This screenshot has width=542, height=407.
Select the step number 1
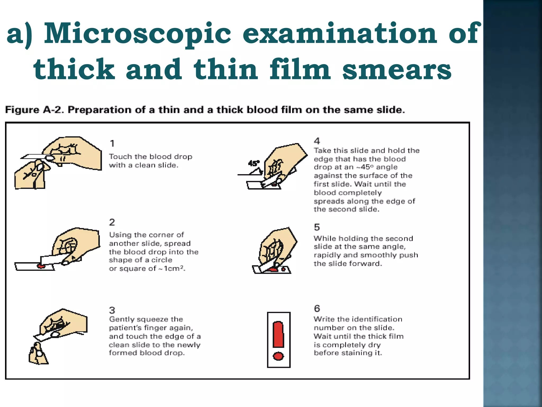pyautogui.click(x=112, y=143)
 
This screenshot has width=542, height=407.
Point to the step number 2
pyautogui.click(x=112, y=222)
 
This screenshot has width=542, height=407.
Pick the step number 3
pyautogui.click(x=112, y=310)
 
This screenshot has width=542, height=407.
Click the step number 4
pyautogui.click(x=317, y=141)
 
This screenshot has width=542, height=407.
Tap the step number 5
pyautogui.click(x=317, y=227)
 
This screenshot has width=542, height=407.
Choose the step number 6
pyautogui.click(x=317, y=308)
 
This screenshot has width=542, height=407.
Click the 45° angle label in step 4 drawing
pyautogui.click(x=254, y=163)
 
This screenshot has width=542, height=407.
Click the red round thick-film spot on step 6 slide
pyautogui.click(x=278, y=356)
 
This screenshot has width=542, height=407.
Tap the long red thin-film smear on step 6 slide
pyautogui.click(x=278, y=334)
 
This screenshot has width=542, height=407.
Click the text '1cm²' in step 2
pyautogui.click(x=174, y=268)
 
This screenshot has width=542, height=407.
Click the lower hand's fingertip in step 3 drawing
pyautogui.click(x=40, y=353)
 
